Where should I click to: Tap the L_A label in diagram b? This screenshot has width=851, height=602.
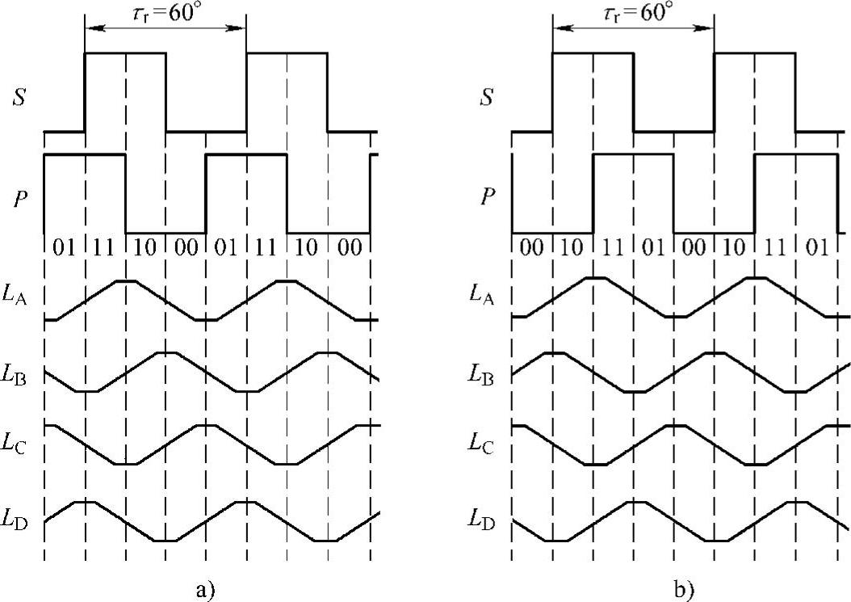point(486,297)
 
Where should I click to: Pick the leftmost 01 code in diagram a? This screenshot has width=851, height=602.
point(65,246)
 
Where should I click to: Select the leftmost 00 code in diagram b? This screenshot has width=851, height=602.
point(532,246)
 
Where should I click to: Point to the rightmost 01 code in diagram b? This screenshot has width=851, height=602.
point(815,246)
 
